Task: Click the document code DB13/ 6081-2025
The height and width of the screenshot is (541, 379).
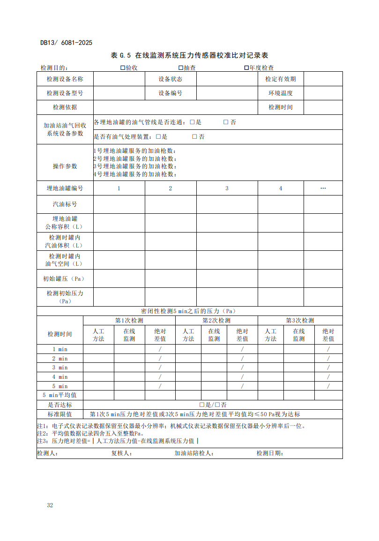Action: [66, 43]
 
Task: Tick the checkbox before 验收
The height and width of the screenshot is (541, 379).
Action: [123, 68]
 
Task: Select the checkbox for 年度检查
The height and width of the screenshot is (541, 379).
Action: [246, 68]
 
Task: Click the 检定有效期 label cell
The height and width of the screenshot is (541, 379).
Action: [281, 79]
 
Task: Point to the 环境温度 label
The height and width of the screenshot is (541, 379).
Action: [281, 93]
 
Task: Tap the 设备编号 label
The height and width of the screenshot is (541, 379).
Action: [171, 93]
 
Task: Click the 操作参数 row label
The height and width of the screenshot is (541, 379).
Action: [65, 166]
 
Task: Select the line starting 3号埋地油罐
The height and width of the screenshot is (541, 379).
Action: [135, 166]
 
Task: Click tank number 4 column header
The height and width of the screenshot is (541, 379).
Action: [281, 188]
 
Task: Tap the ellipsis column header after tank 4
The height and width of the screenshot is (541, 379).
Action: [323, 188]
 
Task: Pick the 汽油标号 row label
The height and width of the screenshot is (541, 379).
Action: [65, 204]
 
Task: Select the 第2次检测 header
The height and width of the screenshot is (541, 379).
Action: [216, 321]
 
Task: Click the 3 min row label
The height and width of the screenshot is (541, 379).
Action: [60, 368]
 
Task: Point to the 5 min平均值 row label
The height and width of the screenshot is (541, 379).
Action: [60, 395]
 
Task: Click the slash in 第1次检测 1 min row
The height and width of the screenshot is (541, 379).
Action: [160, 349]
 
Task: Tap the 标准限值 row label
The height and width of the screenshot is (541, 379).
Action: [60, 414]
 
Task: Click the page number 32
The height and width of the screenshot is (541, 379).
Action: [50, 505]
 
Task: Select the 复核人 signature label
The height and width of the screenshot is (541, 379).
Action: [119, 453]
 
